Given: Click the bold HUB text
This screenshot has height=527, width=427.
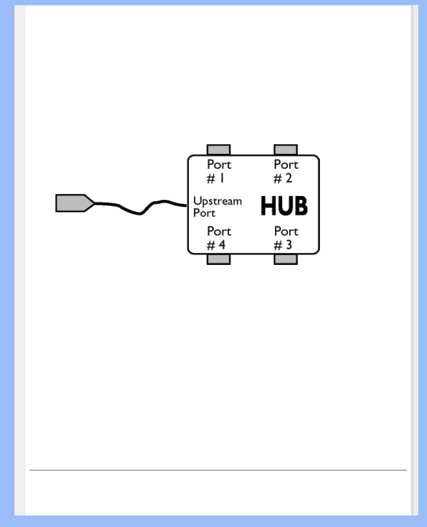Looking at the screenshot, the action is point(284,206).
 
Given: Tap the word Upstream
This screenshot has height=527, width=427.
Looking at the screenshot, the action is point(217,201).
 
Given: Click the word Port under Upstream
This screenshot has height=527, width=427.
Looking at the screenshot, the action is point(204,213).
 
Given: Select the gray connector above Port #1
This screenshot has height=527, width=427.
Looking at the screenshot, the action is point(218,150).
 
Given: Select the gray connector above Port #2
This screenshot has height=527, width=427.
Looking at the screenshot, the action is point(285,150).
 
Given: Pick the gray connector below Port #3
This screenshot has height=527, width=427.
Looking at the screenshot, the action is point(285,259).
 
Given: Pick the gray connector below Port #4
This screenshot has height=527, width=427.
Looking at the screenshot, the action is point(218,259).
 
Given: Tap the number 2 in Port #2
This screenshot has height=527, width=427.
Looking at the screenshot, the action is point(289,178).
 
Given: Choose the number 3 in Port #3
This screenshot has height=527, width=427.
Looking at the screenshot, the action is point(289,245).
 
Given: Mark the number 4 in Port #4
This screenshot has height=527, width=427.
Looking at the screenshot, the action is point(222,245).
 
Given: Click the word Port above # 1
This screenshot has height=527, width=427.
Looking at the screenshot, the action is point(219,165).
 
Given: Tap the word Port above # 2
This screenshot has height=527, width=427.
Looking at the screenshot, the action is point(286,165).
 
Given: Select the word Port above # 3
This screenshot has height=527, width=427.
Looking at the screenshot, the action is point(286,231).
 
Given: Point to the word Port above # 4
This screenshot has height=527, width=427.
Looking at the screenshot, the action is point(219,231).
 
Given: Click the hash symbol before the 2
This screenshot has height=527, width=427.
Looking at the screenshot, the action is point(278,179).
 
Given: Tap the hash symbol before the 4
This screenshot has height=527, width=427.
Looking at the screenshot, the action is point(211,246).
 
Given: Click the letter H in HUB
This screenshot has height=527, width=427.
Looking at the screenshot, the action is point(269,206).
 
